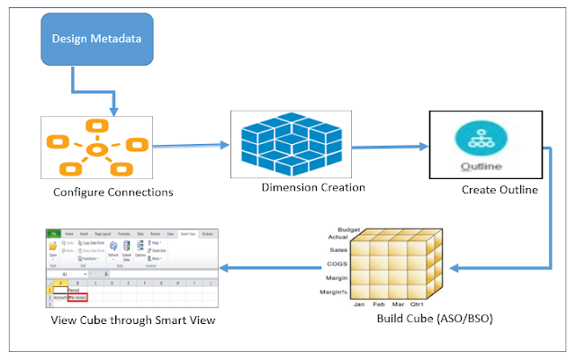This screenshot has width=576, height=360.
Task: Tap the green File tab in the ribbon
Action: point(54,233)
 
